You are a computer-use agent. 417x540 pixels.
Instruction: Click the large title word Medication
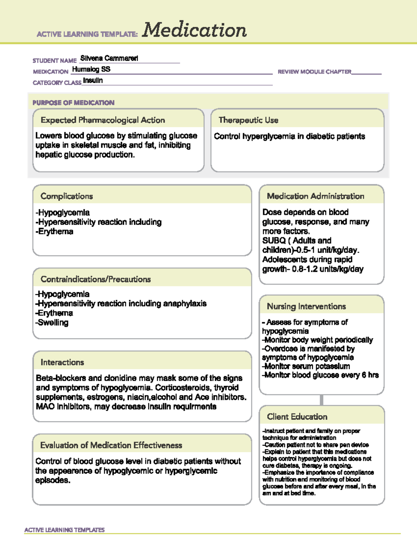coord(194,30)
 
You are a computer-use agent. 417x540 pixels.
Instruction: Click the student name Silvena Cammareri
coord(109,58)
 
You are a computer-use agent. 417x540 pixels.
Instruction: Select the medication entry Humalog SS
coord(91,69)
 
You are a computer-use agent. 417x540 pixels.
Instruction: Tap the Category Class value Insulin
coord(93,80)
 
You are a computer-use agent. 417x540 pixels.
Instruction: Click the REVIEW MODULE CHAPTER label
coord(314,72)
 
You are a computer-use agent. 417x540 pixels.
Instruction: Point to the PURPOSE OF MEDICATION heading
coord(73,103)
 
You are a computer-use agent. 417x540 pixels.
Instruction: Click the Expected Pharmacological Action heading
coord(103,120)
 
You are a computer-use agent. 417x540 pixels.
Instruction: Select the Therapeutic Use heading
coord(248,120)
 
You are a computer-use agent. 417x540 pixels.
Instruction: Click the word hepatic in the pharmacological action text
coord(48,155)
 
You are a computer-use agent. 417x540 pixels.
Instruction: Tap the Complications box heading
coord(67,196)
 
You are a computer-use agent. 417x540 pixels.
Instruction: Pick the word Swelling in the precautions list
coord(53,323)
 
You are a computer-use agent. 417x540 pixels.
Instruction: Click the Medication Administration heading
coord(315,196)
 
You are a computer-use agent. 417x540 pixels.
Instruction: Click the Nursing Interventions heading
coord(306,306)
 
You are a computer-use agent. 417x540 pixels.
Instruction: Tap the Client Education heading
coord(297,417)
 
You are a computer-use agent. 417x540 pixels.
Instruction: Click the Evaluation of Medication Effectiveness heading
coord(111,445)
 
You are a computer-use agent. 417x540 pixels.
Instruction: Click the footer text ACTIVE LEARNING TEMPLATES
coord(65,530)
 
